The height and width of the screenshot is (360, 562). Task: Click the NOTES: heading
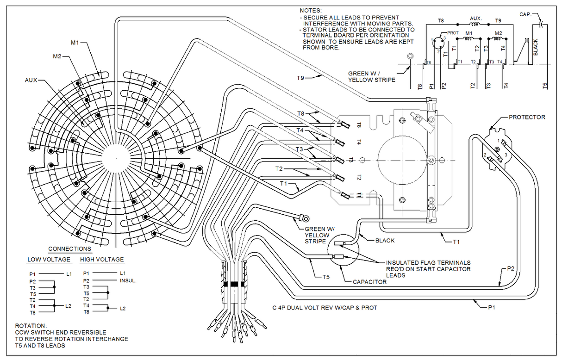coord(310,10)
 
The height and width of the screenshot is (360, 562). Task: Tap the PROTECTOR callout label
coord(527,117)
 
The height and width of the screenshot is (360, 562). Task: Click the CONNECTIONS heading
coord(69,248)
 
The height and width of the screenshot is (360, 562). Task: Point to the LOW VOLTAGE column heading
coord(49,260)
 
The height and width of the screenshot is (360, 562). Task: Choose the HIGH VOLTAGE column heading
coord(102,260)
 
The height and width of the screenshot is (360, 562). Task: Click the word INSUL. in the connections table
coord(129,281)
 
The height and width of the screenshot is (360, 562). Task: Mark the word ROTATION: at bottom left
coord(31,326)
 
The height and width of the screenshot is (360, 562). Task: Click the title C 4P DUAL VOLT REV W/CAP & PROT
coord(325,308)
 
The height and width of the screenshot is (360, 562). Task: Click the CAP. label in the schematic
coord(525,14)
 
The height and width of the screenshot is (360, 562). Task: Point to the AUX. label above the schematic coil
coord(476,19)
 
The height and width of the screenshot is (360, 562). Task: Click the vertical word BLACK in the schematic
coord(536,47)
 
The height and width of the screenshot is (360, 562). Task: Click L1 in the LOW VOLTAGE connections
coord(69,274)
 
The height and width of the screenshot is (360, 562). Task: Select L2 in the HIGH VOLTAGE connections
coord(123,308)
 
